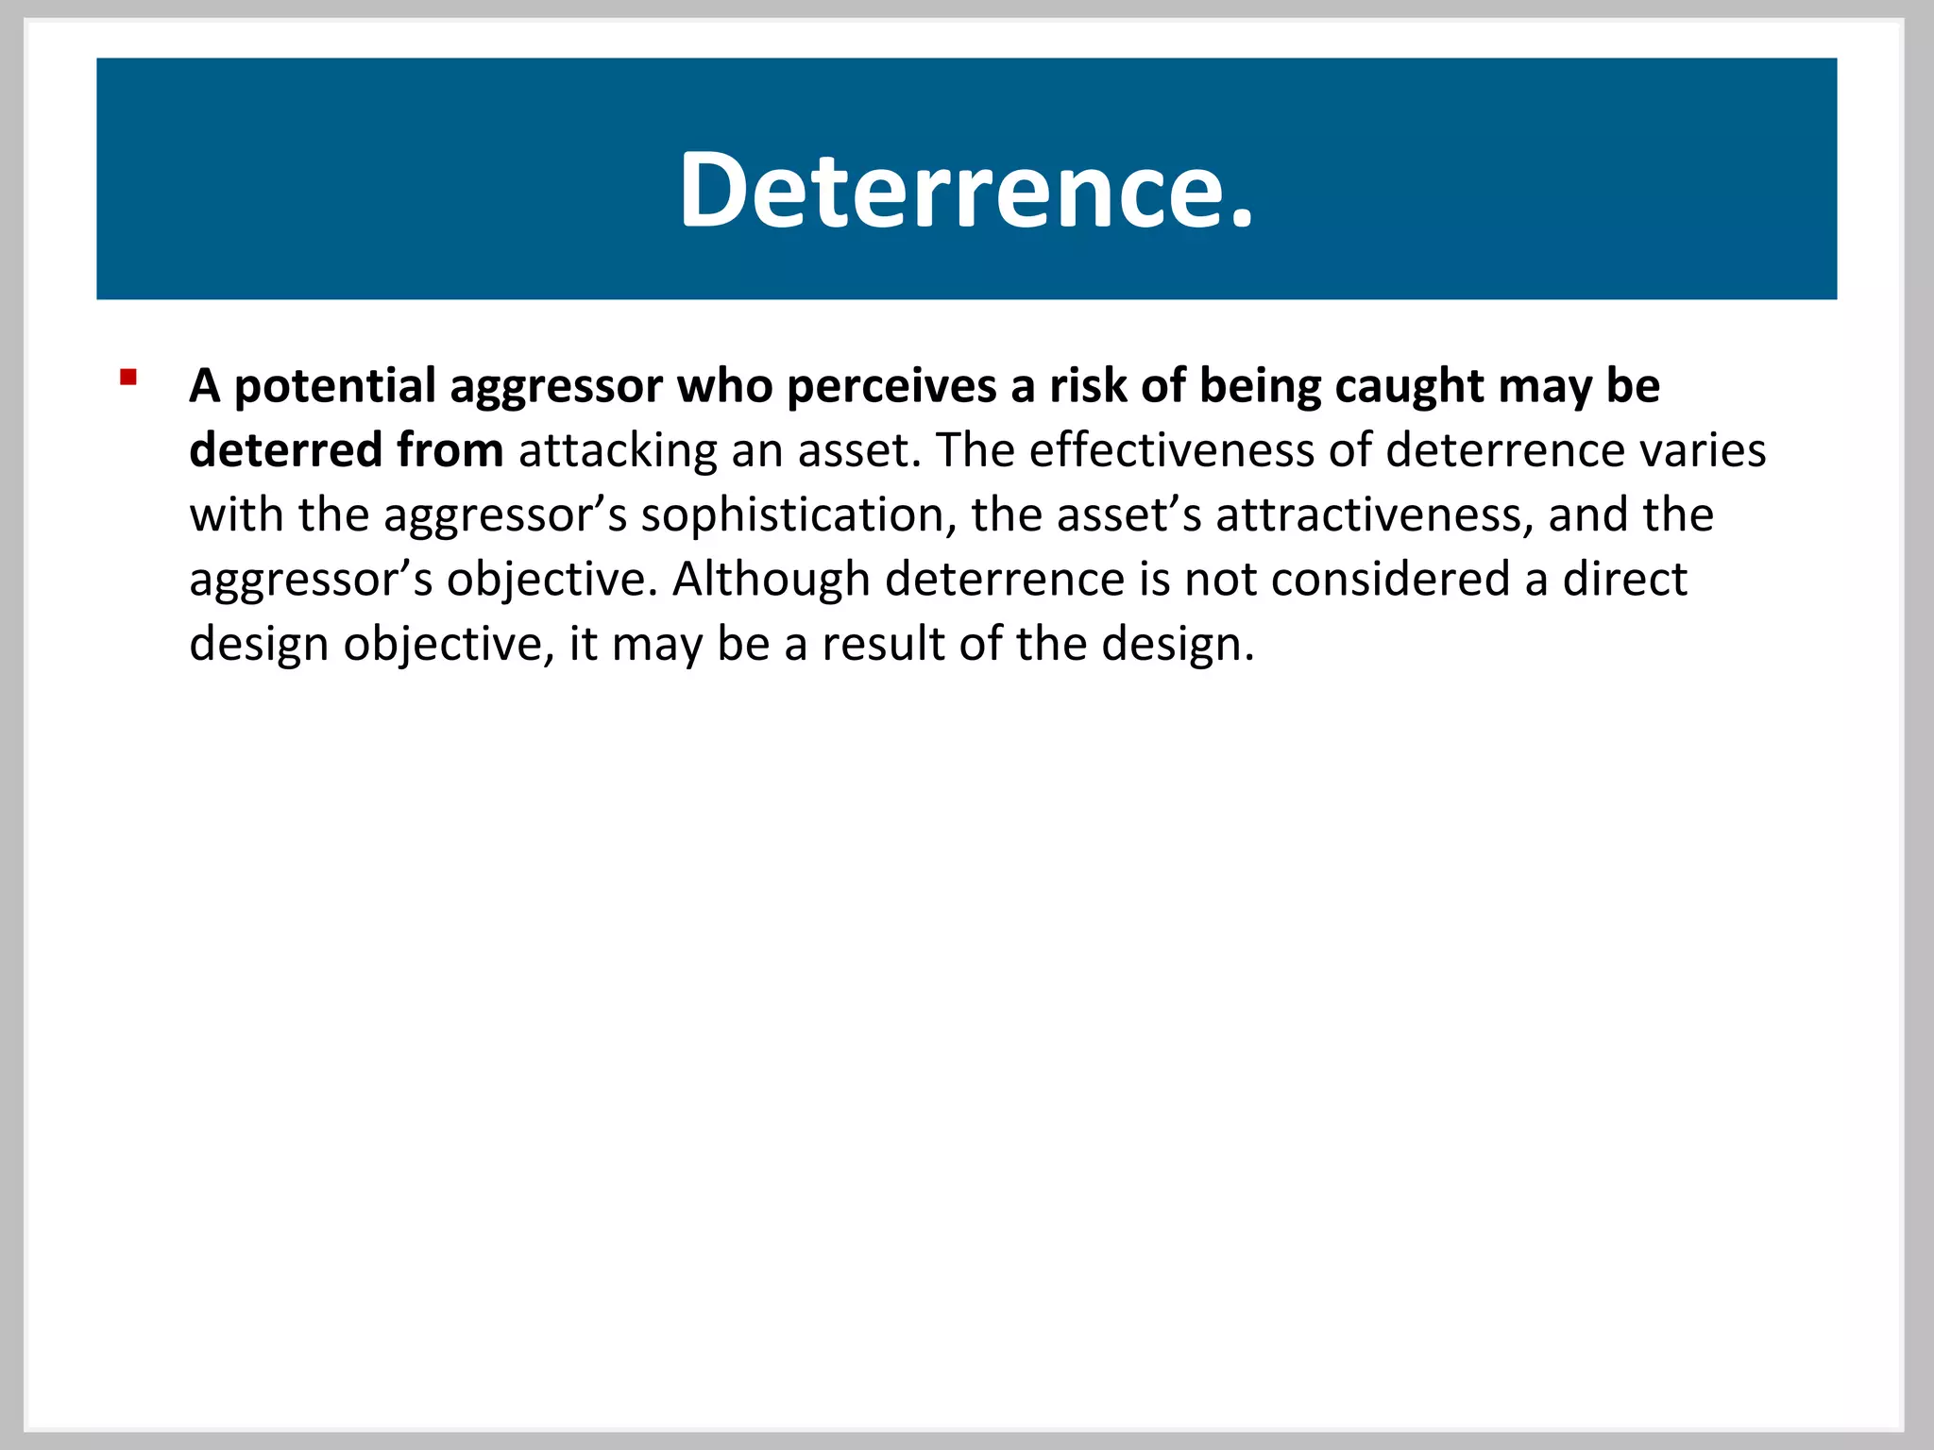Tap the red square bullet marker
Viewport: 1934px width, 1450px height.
pyautogui.click(x=128, y=379)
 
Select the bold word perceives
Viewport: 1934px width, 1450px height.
pyautogui.click(x=891, y=387)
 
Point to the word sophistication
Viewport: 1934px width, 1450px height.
pyautogui.click(x=792, y=515)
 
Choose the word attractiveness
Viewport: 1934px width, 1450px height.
pyautogui.click(x=1374, y=514)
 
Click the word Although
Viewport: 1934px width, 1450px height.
pyautogui.click(x=771, y=579)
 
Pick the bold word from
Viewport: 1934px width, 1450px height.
pyautogui.click(x=450, y=449)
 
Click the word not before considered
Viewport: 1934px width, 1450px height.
pyautogui.click(x=1220, y=579)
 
